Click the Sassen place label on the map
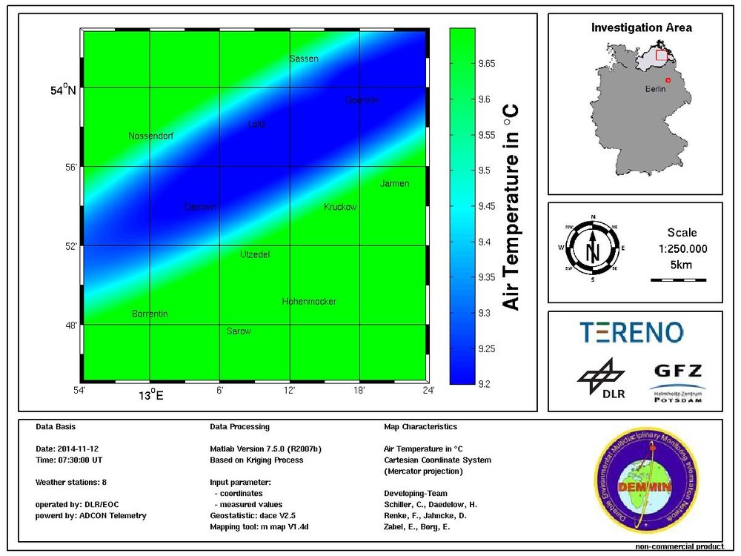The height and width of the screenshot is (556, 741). [304, 59]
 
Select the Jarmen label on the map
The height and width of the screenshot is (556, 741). [394, 184]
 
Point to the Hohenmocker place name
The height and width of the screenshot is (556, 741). [309, 302]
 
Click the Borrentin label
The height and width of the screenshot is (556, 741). [150, 314]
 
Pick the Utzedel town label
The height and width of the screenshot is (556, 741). [255, 255]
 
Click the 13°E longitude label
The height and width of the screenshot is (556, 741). [151, 395]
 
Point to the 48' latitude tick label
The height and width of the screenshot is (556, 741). [69, 325]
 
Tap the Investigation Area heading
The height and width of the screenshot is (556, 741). [642, 28]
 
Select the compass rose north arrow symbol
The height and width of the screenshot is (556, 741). [593, 248]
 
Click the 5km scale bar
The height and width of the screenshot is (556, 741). [678, 279]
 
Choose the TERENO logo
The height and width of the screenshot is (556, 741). [631, 333]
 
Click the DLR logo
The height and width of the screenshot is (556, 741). [601, 378]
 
